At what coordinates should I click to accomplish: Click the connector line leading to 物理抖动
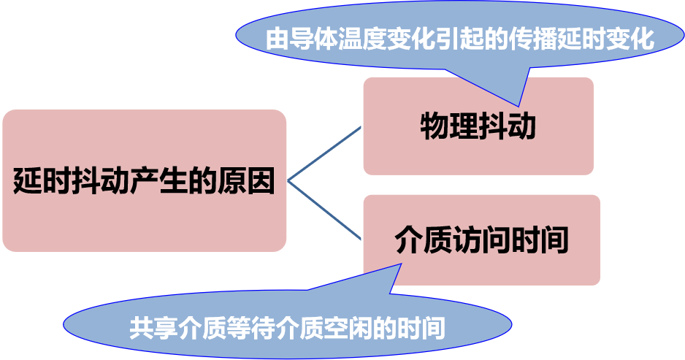point(325,153)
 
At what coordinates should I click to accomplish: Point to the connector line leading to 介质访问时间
point(325,210)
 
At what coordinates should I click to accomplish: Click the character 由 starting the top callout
point(278,39)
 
